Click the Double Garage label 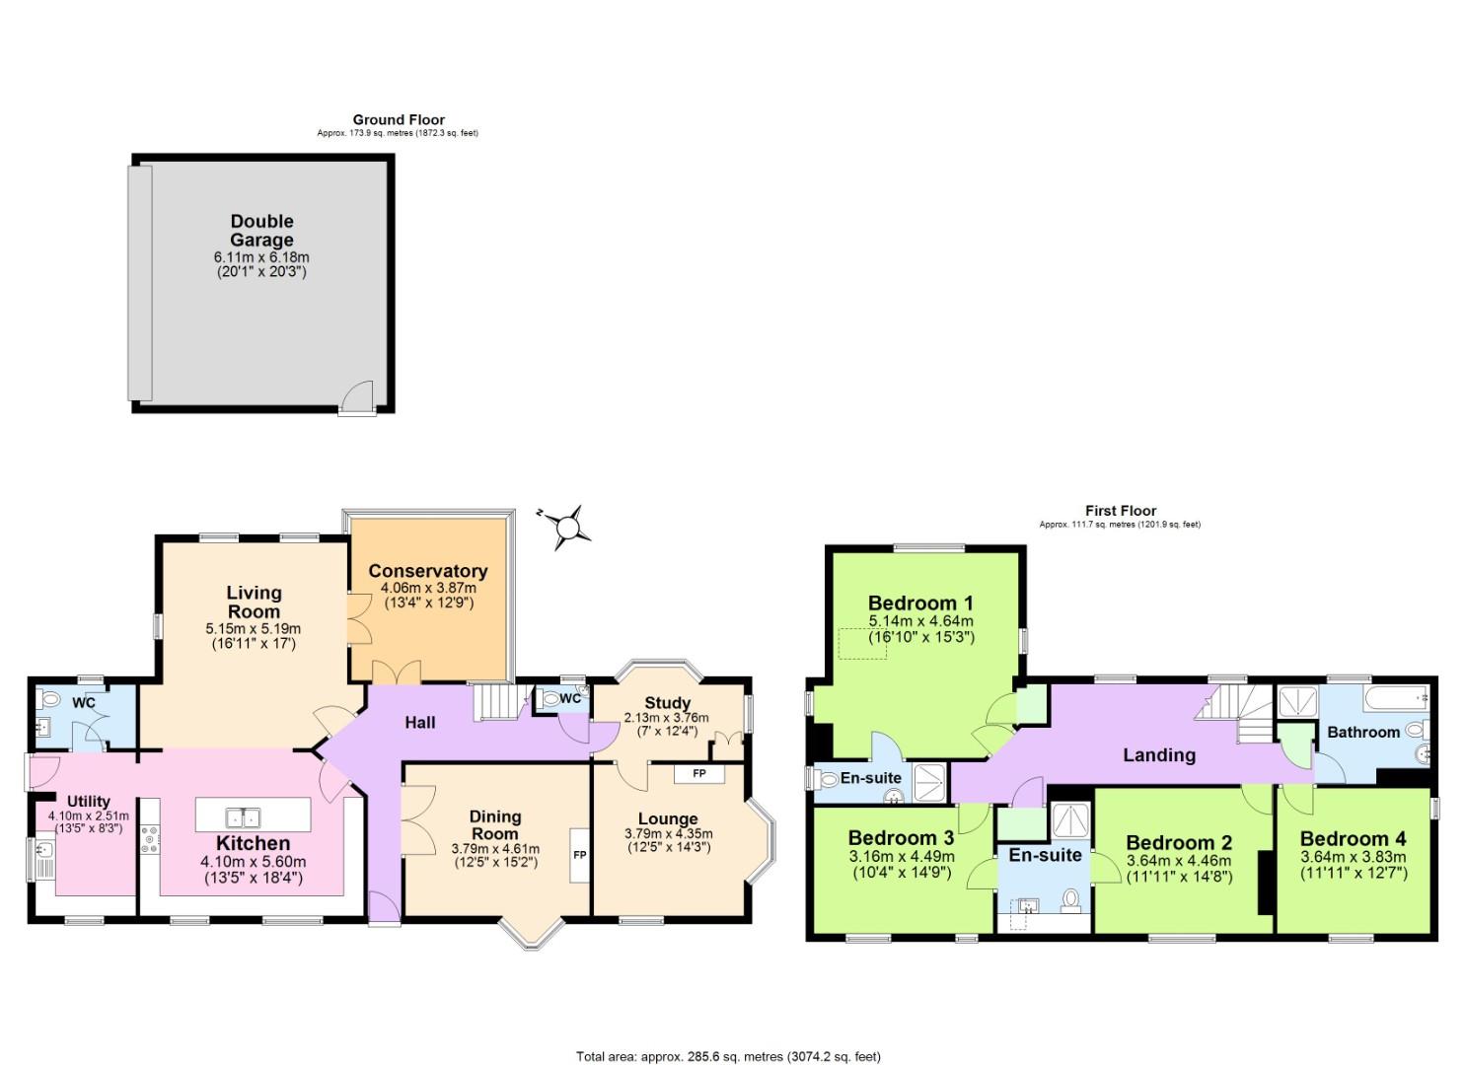(261, 231)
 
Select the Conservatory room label (427, 571)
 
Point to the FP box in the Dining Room (579, 854)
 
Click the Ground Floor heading (399, 120)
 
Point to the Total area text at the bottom (728, 1056)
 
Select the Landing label (1159, 755)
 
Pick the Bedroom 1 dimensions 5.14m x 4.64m (920, 621)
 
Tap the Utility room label (89, 801)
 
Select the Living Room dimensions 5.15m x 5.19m (254, 628)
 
